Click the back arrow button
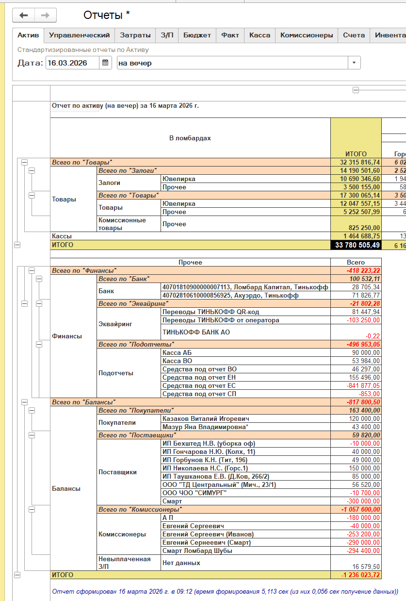[x=24, y=16]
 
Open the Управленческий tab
[x=80, y=35]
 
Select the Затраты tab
[x=135, y=35]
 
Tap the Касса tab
[x=260, y=35]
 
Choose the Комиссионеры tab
[x=307, y=35]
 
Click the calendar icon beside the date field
[x=105, y=63]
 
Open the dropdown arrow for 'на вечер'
[x=354, y=63]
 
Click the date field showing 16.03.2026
[x=73, y=63]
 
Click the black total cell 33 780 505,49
[x=356, y=245]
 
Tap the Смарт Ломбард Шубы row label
[x=197, y=551]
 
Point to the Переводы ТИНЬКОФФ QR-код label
[x=211, y=312]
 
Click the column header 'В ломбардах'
[x=190, y=138]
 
